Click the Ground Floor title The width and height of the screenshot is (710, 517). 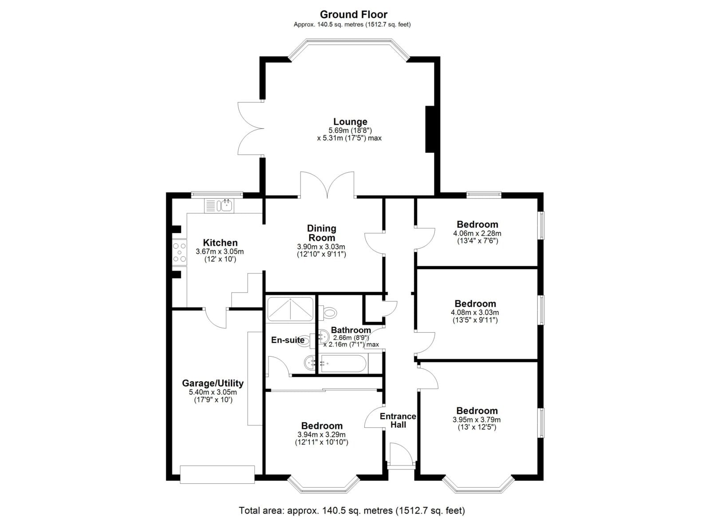pyautogui.click(x=353, y=15)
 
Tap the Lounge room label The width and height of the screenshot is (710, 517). pyautogui.click(x=350, y=122)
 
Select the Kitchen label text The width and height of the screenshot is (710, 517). pyautogui.click(x=220, y=243)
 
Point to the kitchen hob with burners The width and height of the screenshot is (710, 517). pyautogui.click(x=179, y=252)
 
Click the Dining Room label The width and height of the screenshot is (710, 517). pyautogui.click(x=321, y=233)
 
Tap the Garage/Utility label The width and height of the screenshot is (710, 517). pyautogui.click(x=213, y=383)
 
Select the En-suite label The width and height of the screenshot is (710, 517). pyautogui.click(x=288, y=340)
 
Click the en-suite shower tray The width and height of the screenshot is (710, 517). pyautogui.click(x=290, y=309)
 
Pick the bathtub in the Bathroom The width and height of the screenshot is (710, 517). pyautogui.click(x=343, y=363)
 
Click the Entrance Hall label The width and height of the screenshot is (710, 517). pyautogui.click(x=398, y=420)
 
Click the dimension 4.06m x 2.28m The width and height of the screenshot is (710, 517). pyautogui.click(x=477, y=234)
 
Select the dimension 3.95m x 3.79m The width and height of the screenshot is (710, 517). pyautogui.click(x=477, y=420)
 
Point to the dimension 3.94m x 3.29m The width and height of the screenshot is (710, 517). pyautogui.click(x=321, y=434)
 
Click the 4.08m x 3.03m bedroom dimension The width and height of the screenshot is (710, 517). pyautogui.click(x=475, y=312)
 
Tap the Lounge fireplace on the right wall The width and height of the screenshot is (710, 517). pyautogui.click(x=430, y=129)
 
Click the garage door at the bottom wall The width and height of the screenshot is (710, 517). pyautogui.click(x=217, y=474)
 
